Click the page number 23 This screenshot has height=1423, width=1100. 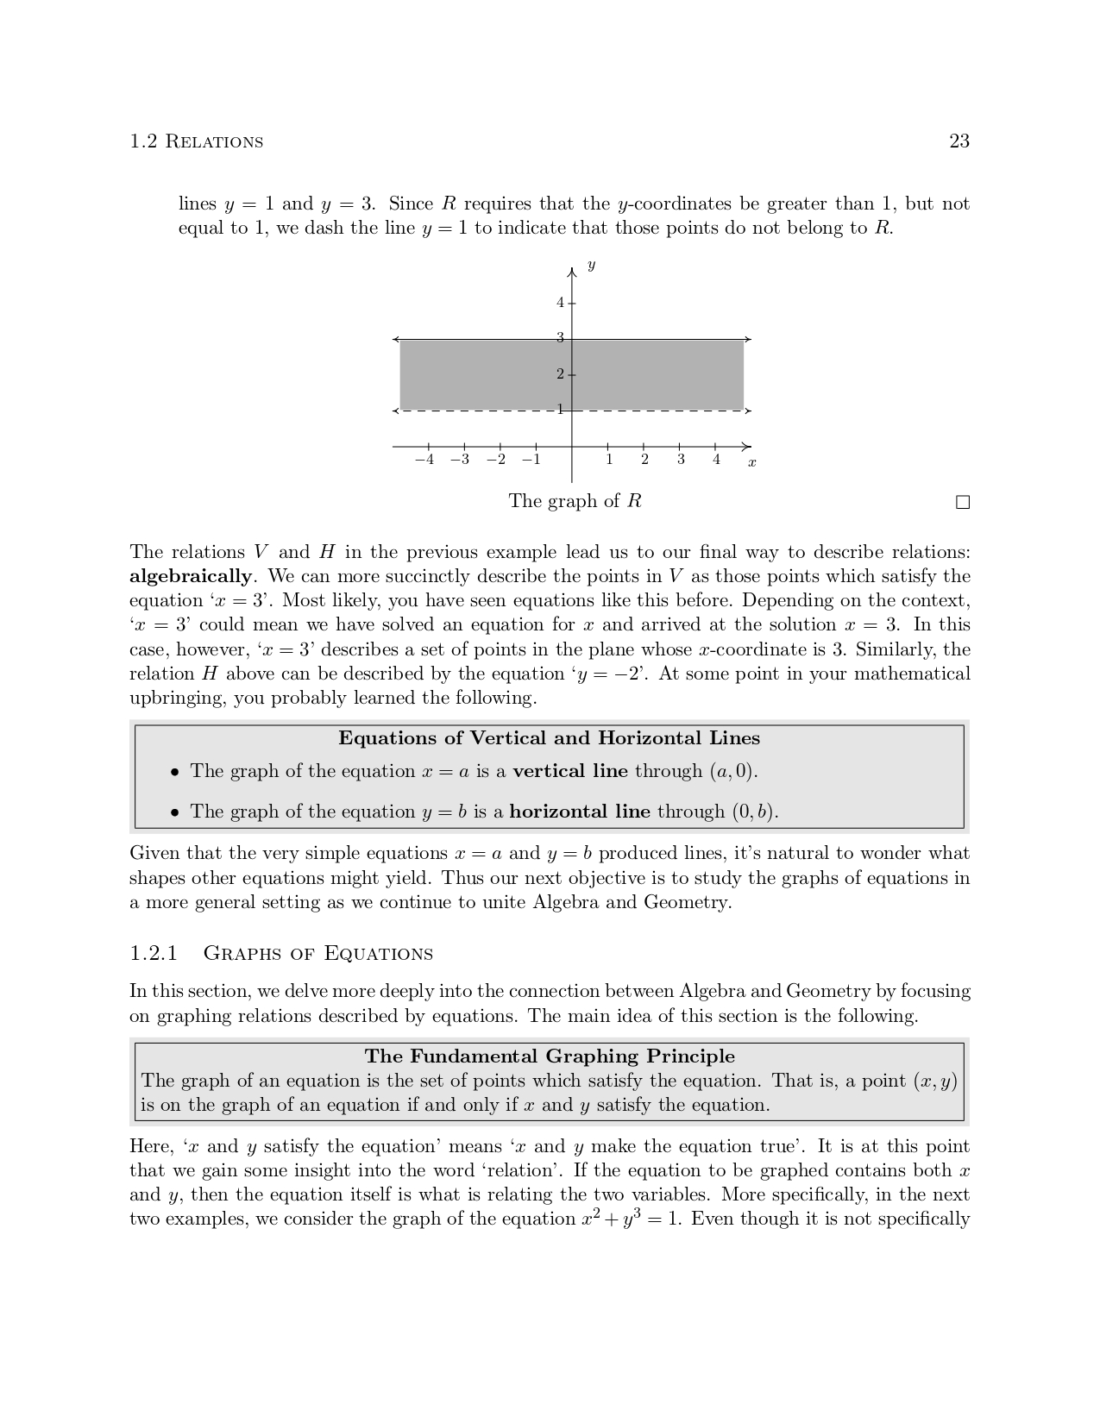pos(959,141)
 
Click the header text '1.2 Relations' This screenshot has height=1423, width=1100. pos(196,141)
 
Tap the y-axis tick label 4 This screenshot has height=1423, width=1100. pos(560,303)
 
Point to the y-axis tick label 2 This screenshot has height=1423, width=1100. pos(560,374)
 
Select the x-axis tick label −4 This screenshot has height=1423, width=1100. pos(424,460)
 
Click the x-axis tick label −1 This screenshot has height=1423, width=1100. pos(531,460)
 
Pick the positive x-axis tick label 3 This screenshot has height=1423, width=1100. pos(681,460)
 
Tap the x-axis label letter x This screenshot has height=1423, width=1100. pos(751,463)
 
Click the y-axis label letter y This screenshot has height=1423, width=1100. pos(591,266)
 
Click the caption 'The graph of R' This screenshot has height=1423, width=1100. pos(575,501)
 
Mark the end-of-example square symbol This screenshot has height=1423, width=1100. pos(963,503)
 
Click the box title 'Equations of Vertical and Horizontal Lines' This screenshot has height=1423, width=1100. pos(549,738)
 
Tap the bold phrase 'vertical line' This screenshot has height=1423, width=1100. pos(569,771)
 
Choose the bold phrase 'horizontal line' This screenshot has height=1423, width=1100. pos(580,812)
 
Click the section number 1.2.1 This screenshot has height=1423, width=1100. pos(154,953)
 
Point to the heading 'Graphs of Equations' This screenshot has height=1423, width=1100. pos(317,954)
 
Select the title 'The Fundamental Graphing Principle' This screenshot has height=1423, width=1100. pos(550,1056)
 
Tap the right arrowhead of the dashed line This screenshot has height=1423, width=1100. pos(748,411)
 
